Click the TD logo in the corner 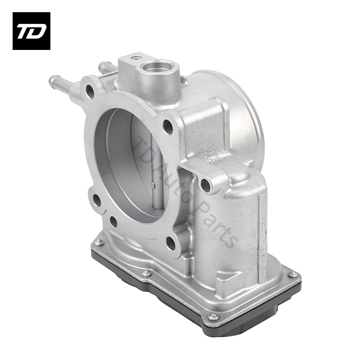(x=31, y=31)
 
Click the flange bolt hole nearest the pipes (x=90, y=92)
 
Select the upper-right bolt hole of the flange (x=168, y=127)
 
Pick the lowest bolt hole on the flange (x=171, y=243)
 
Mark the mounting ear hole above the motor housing (x=205, y=184)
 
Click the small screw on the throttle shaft (x=153, y=184)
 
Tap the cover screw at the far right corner (x=292, y=273)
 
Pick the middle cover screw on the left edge (x=146, y=273)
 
